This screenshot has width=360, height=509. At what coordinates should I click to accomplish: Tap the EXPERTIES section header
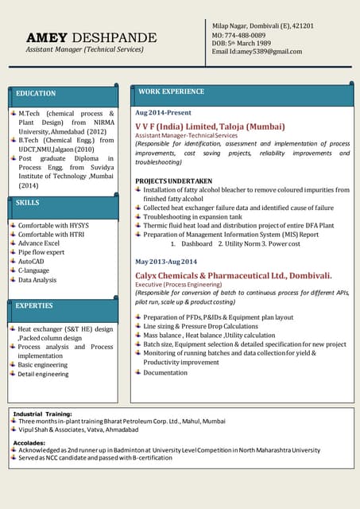click(34, 305)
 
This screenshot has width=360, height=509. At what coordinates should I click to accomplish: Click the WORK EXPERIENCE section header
click(171, 92)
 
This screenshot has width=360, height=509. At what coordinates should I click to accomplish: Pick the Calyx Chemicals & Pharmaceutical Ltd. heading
click(234, 275)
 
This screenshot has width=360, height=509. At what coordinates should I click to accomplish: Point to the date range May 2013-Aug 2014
click(167, 262)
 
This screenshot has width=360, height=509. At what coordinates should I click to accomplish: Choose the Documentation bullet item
click(165, 372)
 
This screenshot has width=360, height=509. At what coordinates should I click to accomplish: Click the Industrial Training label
click(42, 414)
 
